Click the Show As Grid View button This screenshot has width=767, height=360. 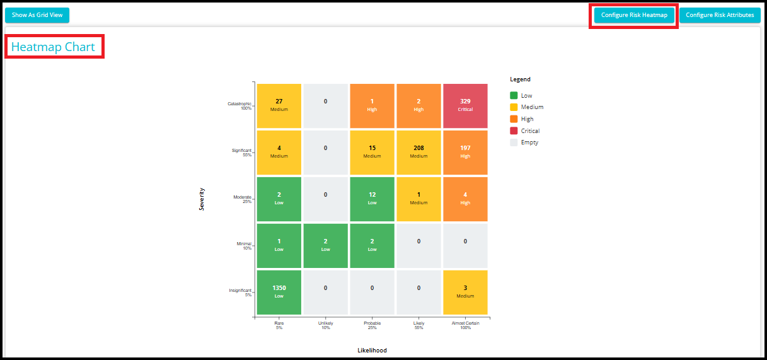[x=37, y=15]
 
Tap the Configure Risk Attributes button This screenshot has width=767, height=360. [x=720, y=15]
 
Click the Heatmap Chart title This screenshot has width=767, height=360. [x=53, y=47]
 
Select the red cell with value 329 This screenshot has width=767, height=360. [x=465, y=106]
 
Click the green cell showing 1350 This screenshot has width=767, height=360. [x=279, y=292]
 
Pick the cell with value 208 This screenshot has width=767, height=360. [x=418, y=153]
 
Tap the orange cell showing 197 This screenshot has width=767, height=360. [x=465, y=153]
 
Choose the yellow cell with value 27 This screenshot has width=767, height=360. [x=279, y=106]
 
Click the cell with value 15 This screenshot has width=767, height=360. [x=372, y=153]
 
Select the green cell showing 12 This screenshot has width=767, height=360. [x=372, y=199]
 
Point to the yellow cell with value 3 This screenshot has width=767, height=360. [x=465, y=292]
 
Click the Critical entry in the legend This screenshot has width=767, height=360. [x=524, y=131]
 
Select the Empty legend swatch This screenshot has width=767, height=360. [x=514, y=142]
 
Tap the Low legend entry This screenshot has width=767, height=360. [x=521, y=96]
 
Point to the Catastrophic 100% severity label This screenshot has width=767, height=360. [x=239, y=106]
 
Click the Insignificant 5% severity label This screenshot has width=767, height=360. [x=240, y=292]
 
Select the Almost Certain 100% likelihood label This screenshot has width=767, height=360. [x=465, y=325]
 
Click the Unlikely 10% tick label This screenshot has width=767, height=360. [x=326, y=325]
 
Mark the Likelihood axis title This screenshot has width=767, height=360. [x=372, y=351]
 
